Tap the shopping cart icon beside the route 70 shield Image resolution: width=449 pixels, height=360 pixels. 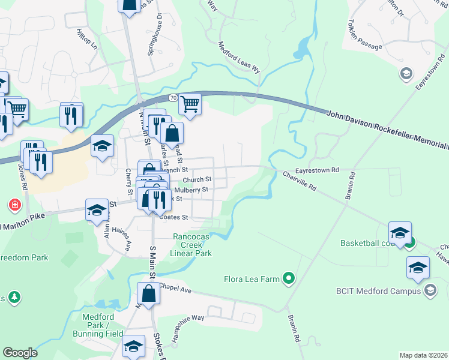click(190, 104)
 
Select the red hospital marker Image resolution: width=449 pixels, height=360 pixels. click(13, 206)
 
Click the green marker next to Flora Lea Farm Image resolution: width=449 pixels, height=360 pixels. click(289, 278)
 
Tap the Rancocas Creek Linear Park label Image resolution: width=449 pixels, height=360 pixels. click(193, 245)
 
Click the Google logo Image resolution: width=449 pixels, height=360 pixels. click(20, 353)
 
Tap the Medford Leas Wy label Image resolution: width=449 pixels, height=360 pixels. click(239, 57)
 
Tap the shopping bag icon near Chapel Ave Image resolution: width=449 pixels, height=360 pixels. click(148, 293)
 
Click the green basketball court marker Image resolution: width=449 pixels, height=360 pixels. click(409, 243)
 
